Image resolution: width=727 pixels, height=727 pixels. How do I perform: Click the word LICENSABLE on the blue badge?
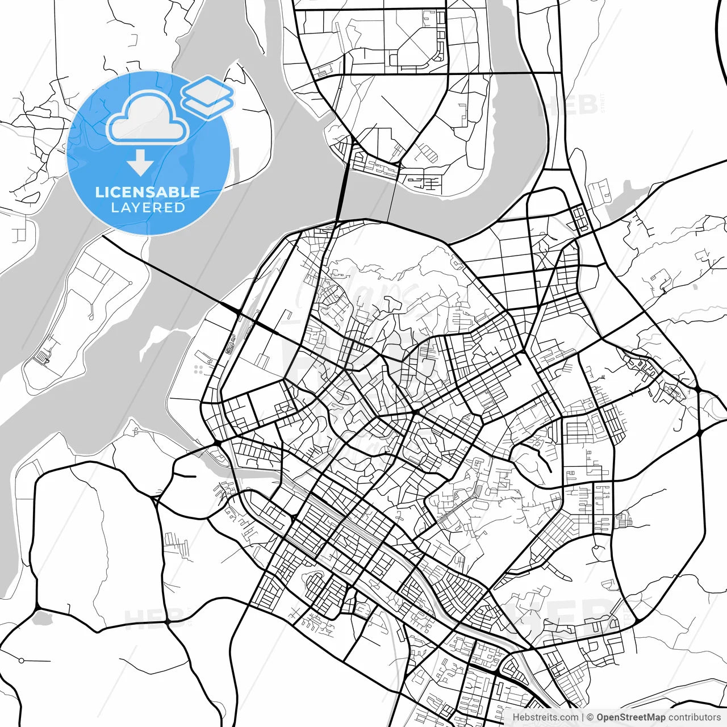148,192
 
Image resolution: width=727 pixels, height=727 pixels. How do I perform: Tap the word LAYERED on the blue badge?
148,207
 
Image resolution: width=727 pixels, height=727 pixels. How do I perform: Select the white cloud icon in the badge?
148,118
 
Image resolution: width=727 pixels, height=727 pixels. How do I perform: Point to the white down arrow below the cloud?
140,163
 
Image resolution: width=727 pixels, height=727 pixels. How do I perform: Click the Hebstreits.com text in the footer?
545,717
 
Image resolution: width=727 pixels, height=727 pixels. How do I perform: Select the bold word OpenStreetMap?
630,717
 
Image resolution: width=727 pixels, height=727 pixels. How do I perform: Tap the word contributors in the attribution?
694,717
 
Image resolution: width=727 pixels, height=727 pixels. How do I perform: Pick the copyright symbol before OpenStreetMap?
590,717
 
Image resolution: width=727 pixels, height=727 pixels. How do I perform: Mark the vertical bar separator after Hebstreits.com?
583,717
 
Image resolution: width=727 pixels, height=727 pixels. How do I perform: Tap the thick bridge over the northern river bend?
342,193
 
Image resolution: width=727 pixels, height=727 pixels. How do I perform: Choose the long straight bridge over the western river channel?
170,273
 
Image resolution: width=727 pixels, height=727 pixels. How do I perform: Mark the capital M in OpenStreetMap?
643,717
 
